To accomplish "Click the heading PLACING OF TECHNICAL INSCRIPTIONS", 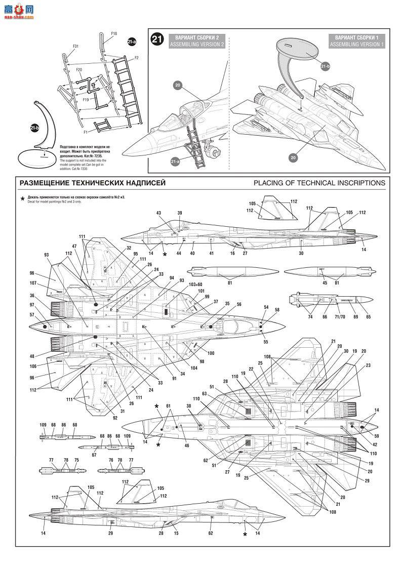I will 319,183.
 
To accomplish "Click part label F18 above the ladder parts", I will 113,34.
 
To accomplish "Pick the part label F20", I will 79,69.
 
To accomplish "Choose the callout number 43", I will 158,213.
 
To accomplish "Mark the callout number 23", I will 369,365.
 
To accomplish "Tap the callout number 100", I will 211,352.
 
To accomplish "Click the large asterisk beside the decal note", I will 22,199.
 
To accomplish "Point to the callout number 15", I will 176,533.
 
